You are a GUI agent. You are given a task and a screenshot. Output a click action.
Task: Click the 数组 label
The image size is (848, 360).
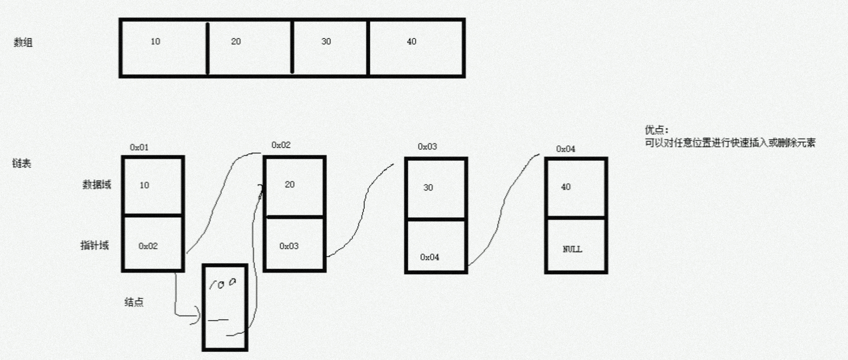point(23,43)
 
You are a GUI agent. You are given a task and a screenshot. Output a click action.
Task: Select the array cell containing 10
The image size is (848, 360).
point(163,48)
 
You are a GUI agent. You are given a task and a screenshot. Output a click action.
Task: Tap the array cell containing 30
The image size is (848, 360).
point(330,48)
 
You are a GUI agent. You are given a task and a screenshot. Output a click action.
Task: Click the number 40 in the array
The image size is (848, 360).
point(411,42)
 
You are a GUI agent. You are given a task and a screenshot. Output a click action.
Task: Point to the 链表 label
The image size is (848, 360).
point(21,163)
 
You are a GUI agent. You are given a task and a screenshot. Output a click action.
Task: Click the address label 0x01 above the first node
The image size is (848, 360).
point(139,147)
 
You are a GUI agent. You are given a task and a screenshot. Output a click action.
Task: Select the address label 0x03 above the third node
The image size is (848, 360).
point(427,147)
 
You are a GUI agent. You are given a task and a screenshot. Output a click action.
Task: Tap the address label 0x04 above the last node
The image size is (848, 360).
point(565,149)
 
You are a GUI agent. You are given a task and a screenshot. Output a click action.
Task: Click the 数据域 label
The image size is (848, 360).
point(97,184)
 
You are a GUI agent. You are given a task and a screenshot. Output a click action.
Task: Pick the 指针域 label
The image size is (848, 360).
point(95,245)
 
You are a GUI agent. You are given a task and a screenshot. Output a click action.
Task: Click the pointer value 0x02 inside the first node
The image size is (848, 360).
point(148,246)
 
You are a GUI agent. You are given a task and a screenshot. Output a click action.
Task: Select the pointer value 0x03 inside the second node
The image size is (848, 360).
point(289,246)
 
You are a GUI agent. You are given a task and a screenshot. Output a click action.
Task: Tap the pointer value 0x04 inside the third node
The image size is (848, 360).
point(429,257)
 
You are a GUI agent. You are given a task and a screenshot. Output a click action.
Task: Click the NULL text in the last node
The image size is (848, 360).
point(572,249)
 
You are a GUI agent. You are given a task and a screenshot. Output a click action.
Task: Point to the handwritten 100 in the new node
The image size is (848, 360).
point(223,284)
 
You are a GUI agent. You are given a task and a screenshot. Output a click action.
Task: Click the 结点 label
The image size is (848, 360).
point(134,302)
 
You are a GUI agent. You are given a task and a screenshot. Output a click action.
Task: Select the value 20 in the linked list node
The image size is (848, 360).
point(290,184)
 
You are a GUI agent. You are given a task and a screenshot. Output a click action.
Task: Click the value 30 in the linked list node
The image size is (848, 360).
point(428,188)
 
